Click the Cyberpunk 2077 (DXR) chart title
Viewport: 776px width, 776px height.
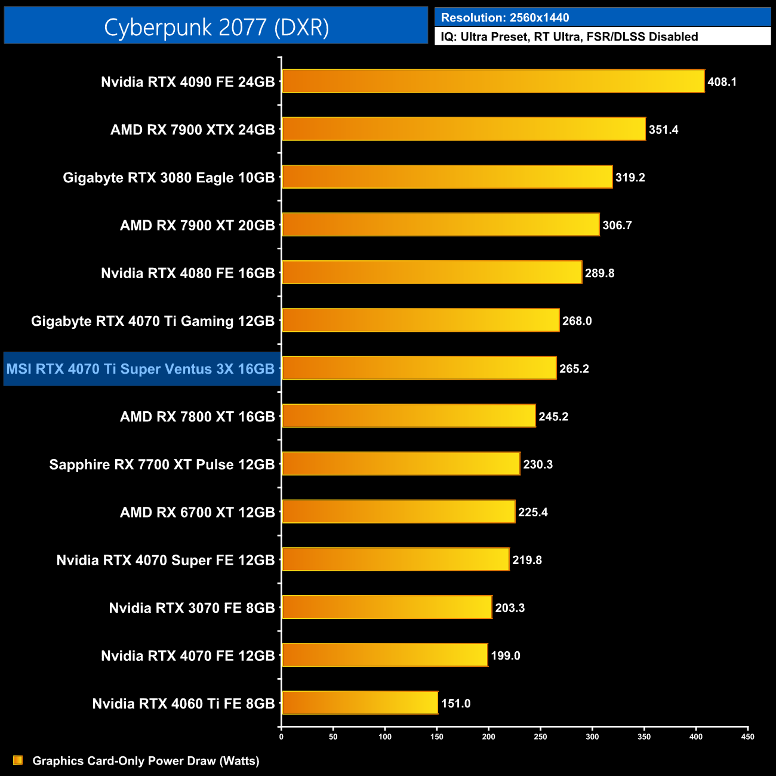(216, 27)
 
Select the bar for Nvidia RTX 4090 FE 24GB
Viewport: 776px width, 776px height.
(492, 81)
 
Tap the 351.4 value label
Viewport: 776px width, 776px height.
(663, 130)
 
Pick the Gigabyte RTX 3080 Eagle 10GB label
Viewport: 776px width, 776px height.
(169, 177)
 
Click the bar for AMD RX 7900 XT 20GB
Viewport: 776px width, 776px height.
(440, 224)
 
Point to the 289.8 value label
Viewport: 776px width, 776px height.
(599, 273)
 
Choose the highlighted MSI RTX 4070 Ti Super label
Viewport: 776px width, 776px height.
(141, 369)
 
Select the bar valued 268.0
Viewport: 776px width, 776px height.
(420, 320)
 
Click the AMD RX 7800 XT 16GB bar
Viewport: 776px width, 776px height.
(408, 416)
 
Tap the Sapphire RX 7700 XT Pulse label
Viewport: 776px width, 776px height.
(162, 464)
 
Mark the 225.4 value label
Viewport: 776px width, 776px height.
(532, 512)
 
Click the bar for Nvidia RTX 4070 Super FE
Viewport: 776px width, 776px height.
(395, 559)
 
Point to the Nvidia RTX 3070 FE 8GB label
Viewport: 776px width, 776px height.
(192, 608)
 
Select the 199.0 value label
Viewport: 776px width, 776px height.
(505, 655)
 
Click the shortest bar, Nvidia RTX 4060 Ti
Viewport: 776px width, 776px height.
(359, 703)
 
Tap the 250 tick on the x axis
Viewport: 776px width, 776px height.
(540, 737)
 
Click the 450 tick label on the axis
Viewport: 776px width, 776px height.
(747, 737)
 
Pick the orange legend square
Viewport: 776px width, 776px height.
(18, 760)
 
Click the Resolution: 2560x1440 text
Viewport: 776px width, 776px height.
(505, 17)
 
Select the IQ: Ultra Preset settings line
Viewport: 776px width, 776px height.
(569, 36)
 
